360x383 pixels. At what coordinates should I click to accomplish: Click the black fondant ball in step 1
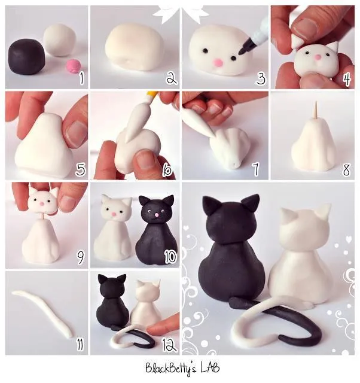click(27, 56)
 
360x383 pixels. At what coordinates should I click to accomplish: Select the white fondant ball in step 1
click(60, 39)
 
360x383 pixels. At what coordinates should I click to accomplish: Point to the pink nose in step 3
click(219, 62)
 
